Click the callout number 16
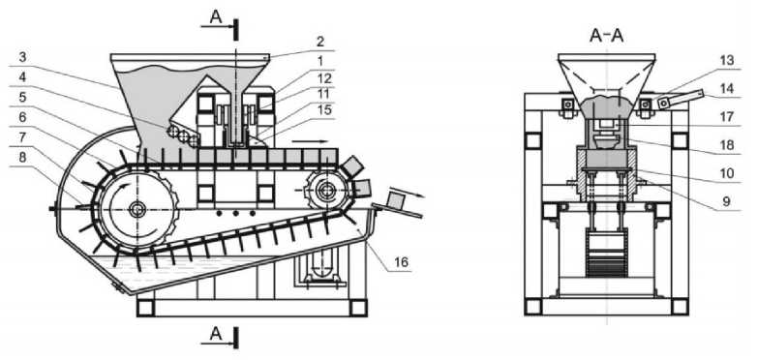pos(401,261)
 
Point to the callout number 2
pos(320,41)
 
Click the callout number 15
pos(325,110)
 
